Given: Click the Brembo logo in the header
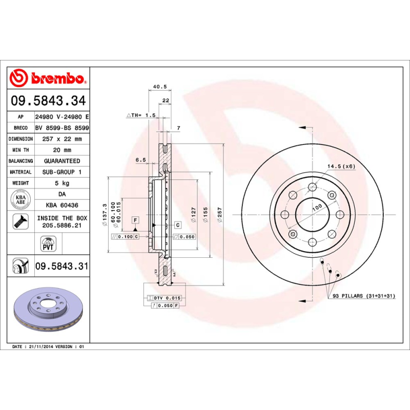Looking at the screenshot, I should click(47, 78).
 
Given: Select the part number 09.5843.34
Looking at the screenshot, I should click(47, 100).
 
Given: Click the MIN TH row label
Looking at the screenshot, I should click(20, 150).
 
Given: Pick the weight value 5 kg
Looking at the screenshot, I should click(62, 183).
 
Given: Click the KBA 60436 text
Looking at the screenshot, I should click(62, 205).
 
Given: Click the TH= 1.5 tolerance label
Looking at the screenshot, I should click(141, 115).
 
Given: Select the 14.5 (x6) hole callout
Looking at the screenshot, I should click(341, 166).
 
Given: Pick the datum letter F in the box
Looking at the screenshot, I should click(136, 220).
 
